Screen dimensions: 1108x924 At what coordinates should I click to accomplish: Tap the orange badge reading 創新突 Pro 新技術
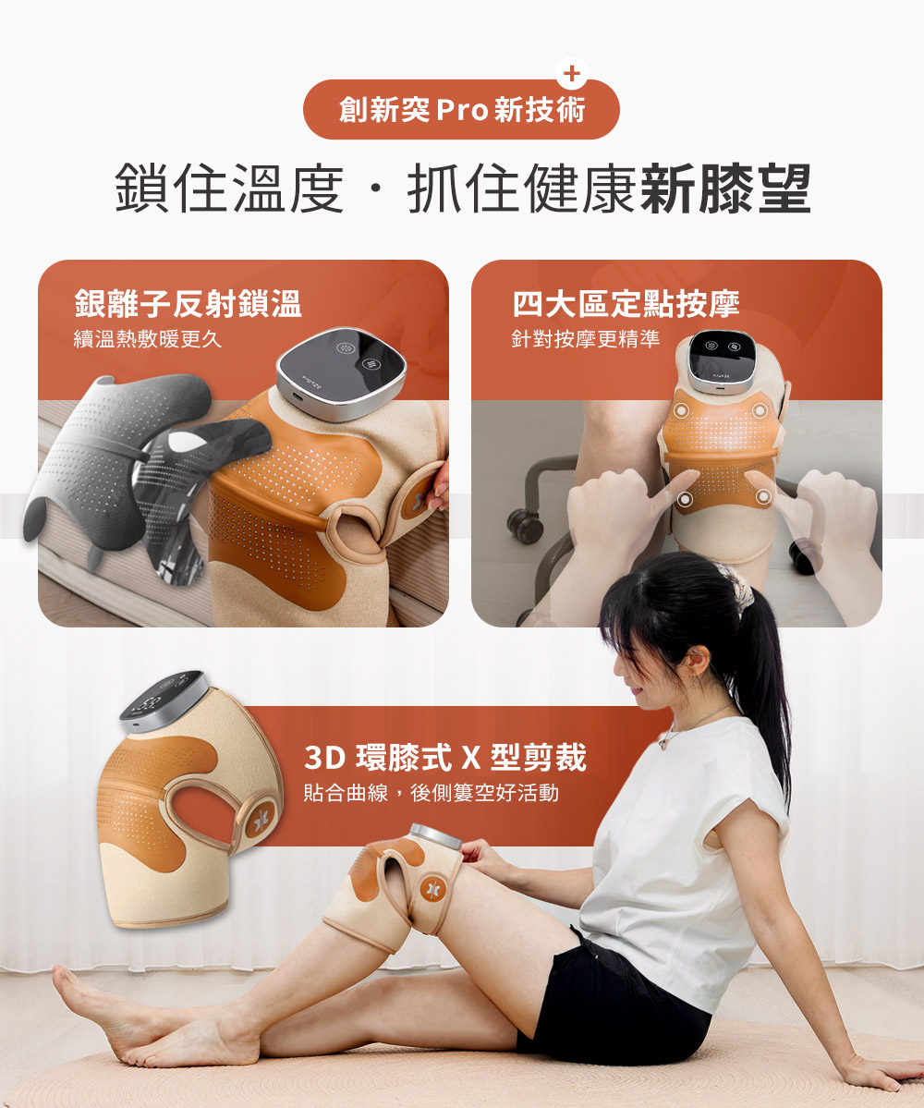coord(461,110)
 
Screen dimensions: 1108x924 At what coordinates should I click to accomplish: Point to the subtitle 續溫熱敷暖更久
coord(148,339)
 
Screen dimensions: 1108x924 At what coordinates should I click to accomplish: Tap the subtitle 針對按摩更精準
coord(586,339)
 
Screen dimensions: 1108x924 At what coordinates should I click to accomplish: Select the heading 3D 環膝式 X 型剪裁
coord(445,758)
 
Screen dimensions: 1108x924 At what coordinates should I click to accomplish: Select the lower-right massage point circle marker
coord(763,498)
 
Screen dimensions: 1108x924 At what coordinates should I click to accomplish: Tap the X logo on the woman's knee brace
coord(430,891)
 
